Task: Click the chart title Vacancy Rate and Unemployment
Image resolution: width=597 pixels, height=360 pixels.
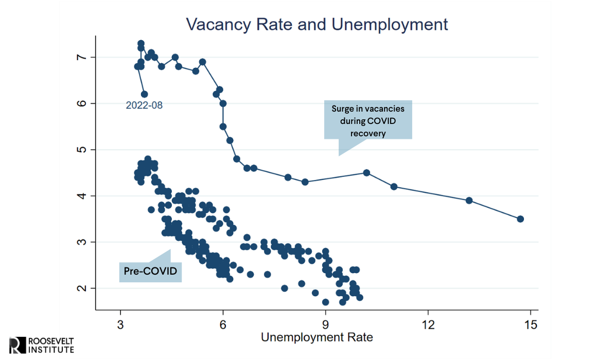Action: [x=317, y=24]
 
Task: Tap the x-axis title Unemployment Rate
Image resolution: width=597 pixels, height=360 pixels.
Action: [x=317, y=337]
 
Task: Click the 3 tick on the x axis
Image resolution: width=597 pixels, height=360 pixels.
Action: [x=120, y=325]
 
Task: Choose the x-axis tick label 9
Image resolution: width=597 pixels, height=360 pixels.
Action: [x=325, y=325]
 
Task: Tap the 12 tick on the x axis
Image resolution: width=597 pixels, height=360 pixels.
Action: [x=428, y=325]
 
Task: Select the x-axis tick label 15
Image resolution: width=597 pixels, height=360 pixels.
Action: [x=530, y=325]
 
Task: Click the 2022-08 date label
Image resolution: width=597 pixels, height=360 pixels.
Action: [x=144, y=105]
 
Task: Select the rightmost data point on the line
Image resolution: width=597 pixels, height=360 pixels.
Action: [x=520, y=219]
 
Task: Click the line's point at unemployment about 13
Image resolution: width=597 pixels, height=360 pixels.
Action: [x=469, y=201]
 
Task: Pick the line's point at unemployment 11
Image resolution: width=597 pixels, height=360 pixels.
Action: [x=394, y=187]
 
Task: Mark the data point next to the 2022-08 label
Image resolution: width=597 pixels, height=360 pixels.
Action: [x=144, y=94]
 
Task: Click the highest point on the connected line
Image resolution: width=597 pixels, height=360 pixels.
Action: [x=141, y=43]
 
